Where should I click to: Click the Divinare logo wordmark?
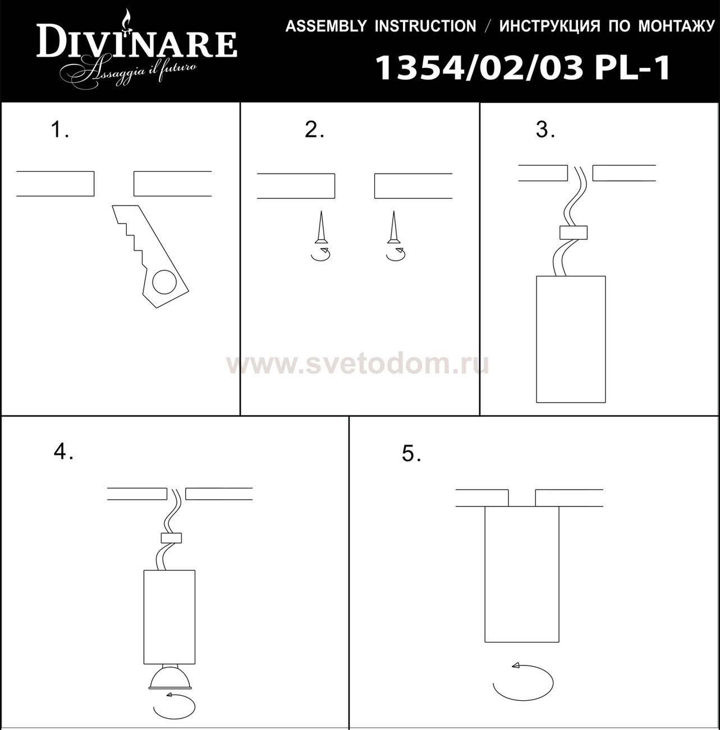pyautogui.click(x=137, y=40)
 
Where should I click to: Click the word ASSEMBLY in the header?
pyautogui.click(x=325, y=26)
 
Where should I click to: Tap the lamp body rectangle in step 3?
pyautogui.click(x=571, y=339)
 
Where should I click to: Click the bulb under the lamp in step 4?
pyautogui.click(x=169, y=678)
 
